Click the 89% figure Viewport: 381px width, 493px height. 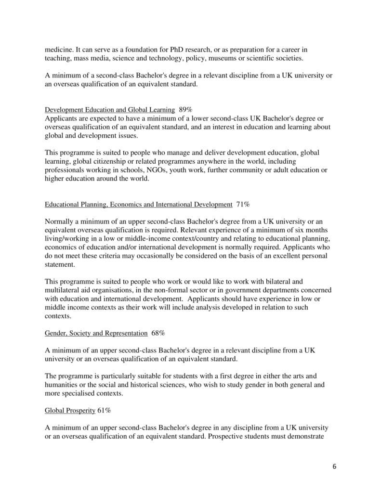pyautogui.click(x=187, y=109)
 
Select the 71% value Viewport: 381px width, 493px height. pyautogui.click(x=243, y=204)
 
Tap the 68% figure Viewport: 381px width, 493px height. pyautogui.click(x=158, y=333)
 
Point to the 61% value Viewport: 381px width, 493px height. pyautogui.click(x=104, y=411)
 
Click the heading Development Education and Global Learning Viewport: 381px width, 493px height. pyautogui.click(x=110, y=109)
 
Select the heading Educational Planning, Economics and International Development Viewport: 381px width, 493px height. pyautogui.click(x=138, y=204)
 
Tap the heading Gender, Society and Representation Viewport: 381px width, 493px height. pyautogui.click(x=96, y=333)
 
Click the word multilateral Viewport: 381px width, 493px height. pyautogui.click(x=65, y=290)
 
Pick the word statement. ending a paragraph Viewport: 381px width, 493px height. pyautogui.click(x=60, y=264)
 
